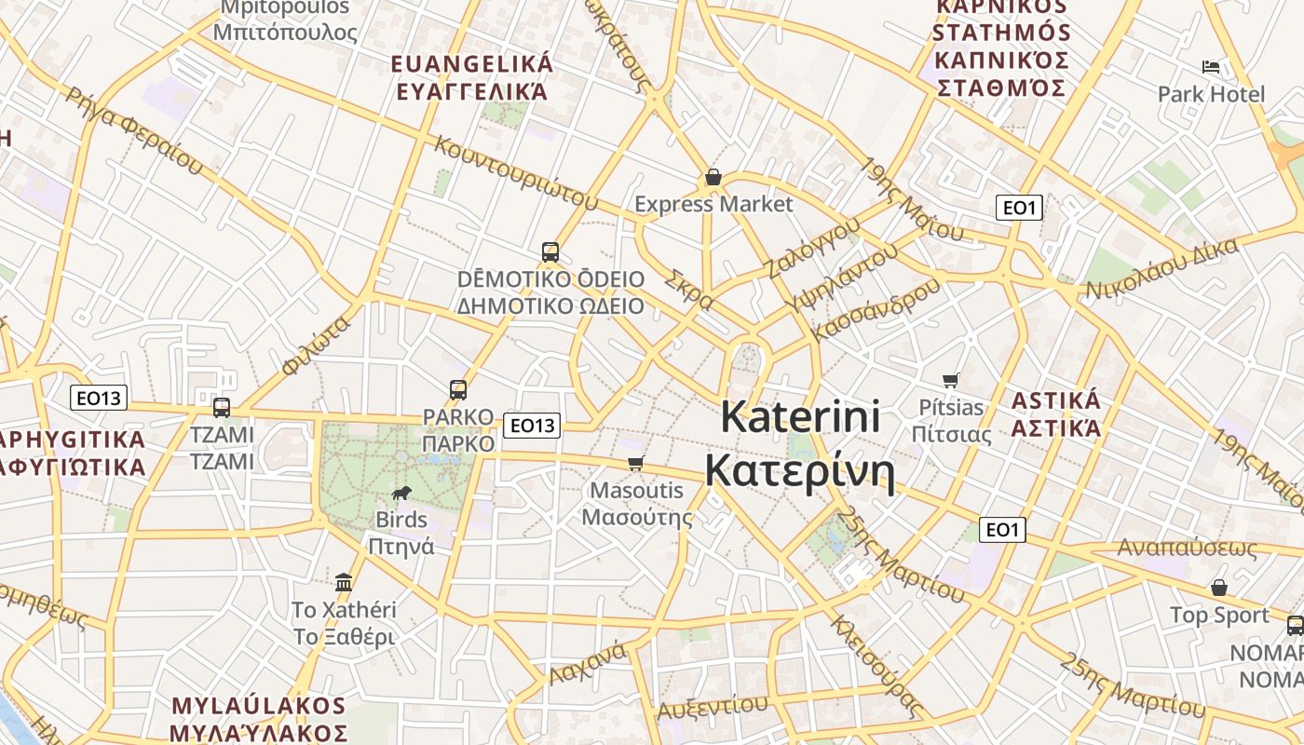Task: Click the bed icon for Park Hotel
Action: [x=1211, y=67]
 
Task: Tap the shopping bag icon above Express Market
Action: [x=713, y=177]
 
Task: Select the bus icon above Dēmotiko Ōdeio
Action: [x=550, y=251]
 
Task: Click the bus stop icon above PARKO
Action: [x=458, y=390]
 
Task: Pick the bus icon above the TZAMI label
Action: [x=222, y=407]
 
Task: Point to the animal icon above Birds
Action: [x=401, y=494]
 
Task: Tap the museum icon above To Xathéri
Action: [x=344, y=583]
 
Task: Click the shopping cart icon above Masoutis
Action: [x=636, y=464]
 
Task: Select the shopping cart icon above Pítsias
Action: [x=951, y=380]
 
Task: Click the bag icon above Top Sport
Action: [x=1218, y=589]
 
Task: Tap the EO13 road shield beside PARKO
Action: [x=531, y=426]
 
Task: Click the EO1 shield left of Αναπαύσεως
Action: [x=1002, y=530]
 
